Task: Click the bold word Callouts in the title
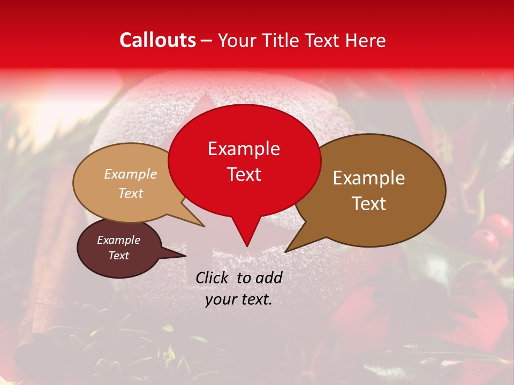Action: click(x=157, y=40)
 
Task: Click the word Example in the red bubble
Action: click(x=244, y=149)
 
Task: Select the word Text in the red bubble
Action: click(x=244, y=174)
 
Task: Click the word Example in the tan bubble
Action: click(x=131, y=174)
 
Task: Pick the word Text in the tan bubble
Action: click(x=131, y=193)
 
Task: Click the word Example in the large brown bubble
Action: click(x=369, y=178)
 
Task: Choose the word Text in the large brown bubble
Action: click(x=369, y=203)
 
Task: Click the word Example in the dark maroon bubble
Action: click(x=118, y=240)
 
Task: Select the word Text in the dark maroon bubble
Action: click(x=118, y=256)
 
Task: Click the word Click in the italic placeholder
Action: click(x=213, y=277)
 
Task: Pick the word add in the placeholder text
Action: click(x=269, y=277)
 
